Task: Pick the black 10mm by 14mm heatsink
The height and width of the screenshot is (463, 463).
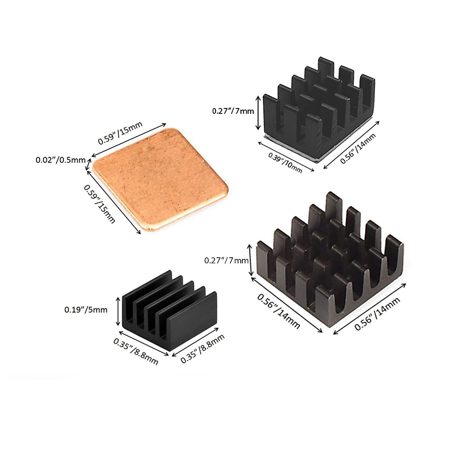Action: [318, 112]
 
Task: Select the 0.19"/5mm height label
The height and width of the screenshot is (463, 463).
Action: [86, 309]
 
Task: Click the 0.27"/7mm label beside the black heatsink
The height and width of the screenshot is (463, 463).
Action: [233, 112]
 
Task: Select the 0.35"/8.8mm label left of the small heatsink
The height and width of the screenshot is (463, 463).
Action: [135, 351]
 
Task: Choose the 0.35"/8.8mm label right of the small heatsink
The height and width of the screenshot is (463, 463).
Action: [202, 349]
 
